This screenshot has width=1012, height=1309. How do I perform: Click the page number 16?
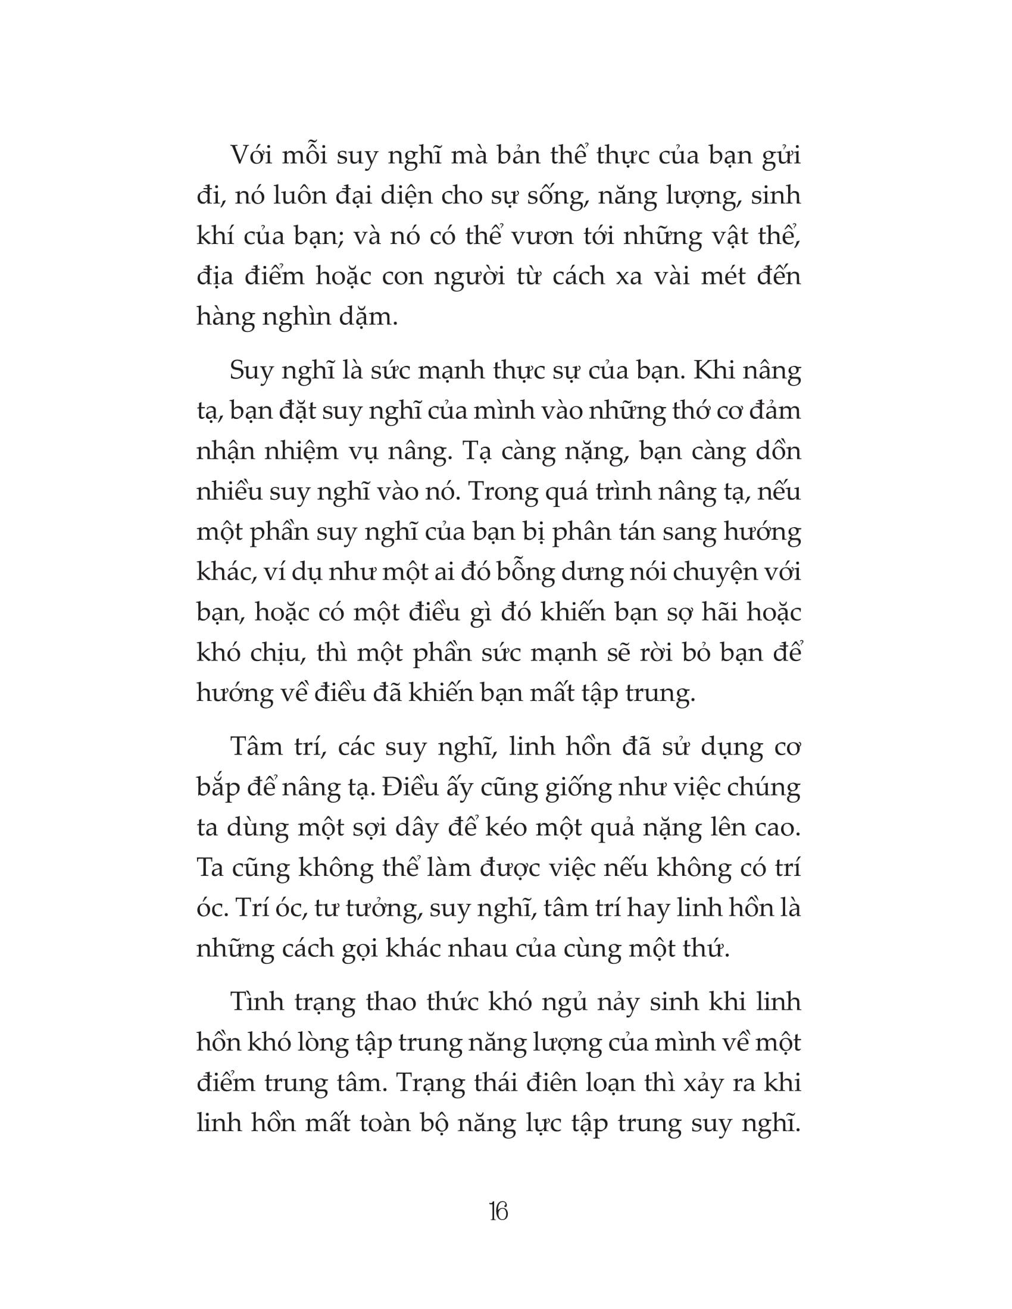pos(498,1212)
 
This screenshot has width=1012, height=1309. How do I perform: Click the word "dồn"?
pos(776,452)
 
